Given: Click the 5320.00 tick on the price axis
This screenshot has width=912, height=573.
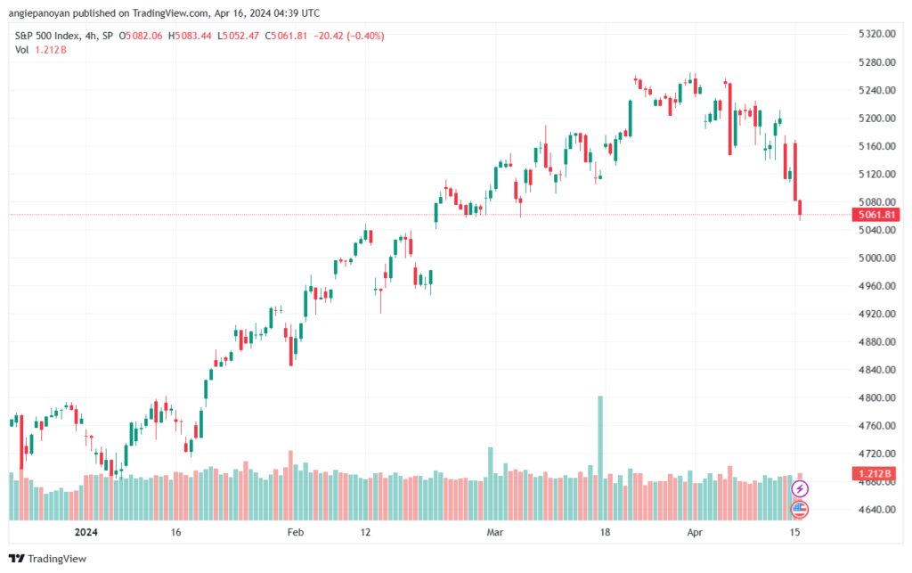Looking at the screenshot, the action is tap(876, 34).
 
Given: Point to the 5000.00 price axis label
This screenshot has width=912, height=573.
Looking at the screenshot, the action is tap(876, 258).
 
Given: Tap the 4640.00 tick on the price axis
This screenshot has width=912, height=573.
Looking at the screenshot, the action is tap(876, 510).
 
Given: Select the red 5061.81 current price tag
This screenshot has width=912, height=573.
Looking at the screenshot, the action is tap(876, 215).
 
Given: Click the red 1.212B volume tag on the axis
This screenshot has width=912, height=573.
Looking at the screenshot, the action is tap(876, 473).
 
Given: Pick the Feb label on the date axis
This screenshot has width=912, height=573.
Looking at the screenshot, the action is tap(296, 532).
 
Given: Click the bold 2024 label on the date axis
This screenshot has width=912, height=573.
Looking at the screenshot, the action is tap(86, 532).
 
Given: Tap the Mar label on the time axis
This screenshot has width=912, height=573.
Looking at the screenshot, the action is tap(495, 532).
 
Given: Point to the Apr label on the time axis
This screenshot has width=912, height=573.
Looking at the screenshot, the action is tap(695, 532).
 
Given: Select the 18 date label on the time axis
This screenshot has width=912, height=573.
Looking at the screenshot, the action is tap(605, 532).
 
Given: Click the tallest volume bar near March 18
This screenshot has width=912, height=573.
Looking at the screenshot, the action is tap(600, 458).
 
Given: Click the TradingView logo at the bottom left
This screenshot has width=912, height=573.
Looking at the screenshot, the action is tap(48, 559).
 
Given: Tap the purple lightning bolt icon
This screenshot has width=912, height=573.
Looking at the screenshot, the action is tap(800, 488).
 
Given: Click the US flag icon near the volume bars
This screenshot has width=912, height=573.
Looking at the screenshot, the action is tap(800, 510).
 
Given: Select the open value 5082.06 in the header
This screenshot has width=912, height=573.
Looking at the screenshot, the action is tap(144, 36).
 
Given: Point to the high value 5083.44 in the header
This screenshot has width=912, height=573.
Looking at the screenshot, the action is tap(193, 36).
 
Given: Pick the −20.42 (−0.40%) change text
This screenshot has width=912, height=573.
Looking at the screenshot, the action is tap(349, 36).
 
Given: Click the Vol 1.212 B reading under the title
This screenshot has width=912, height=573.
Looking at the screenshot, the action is tap(41, 50).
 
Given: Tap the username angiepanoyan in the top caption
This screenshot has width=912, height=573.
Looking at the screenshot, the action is tap(39, 12).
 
